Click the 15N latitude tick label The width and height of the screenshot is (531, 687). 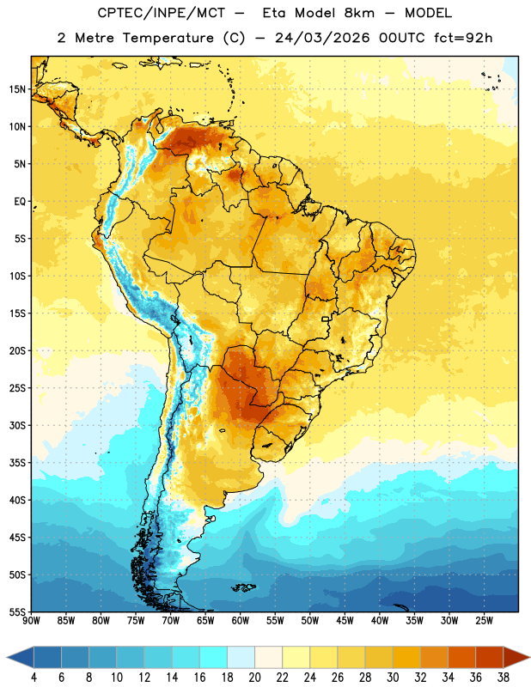click(x=17, y=89)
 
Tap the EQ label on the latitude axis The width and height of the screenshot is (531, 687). click(x=20, y=202)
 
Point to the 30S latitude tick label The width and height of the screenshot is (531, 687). click(x=17, y=425)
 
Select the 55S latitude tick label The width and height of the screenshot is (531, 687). click(x=17, y=611)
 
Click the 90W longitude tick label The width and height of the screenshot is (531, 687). click(x=31, y=621)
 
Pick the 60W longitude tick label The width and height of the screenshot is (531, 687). click(x=241, y=621)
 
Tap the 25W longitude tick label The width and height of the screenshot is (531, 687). click(x=484, y=621)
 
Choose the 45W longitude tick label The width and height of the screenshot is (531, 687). click(x=345, y=621)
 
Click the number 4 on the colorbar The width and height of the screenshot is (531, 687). click(x=34, y=678)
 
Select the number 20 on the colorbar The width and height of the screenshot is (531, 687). click(x=254, y=678)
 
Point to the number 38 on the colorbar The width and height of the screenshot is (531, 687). click(x=504, y=678)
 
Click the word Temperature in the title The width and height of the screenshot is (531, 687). click(x=168, y=38)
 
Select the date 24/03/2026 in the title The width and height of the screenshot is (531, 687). click(x=322, y=38)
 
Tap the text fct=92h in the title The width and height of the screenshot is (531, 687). click(x=463, y=38)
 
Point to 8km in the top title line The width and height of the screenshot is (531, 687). click(x=359, y=13)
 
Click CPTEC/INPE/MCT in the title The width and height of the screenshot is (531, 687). click(x=162, y=13)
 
